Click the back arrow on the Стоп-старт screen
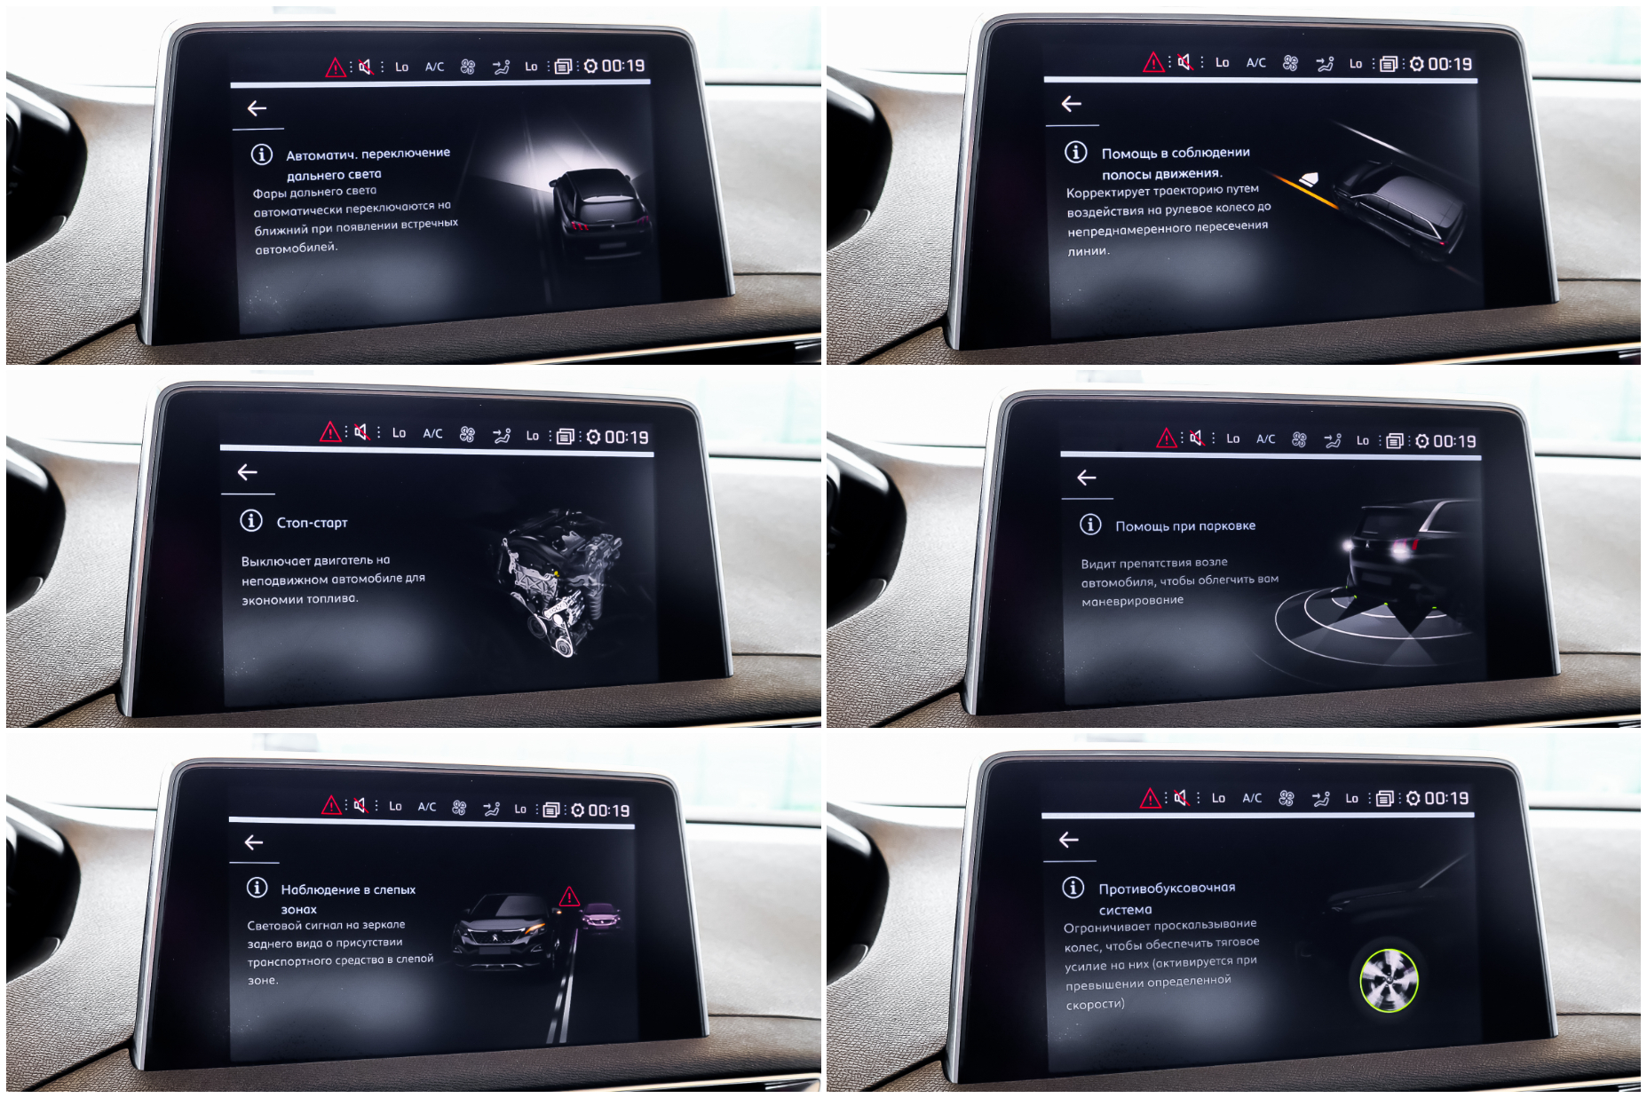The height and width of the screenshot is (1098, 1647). (248, 472)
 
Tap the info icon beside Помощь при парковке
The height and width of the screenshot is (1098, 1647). (1090, 525)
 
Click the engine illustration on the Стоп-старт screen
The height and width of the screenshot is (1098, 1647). (559, 581)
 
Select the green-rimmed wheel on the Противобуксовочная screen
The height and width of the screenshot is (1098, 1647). (1389, 980)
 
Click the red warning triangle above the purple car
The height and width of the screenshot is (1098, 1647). (569, 897)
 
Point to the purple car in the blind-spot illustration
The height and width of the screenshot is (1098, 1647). (601, 916)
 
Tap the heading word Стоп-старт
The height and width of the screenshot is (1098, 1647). (312, 523)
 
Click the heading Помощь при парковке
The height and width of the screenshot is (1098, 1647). (1185, 526)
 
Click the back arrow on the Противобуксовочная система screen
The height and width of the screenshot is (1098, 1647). (1069, 840)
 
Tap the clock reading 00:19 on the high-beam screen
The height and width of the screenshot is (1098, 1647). (623, 66)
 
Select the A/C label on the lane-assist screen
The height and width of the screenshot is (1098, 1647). (1255, 63)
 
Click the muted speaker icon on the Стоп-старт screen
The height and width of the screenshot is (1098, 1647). (361, 432)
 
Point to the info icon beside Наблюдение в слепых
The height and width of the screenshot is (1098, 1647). (257, 888)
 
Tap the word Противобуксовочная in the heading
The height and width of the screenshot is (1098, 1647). (1167, 889)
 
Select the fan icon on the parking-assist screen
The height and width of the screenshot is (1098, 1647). (1299, 439)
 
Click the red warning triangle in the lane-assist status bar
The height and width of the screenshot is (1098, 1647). (1153, 62)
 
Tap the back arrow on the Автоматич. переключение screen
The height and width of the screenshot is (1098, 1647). (257, 108)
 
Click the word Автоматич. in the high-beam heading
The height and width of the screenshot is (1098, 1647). (320, 155)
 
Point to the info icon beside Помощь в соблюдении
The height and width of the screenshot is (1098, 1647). (1076, 152)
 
